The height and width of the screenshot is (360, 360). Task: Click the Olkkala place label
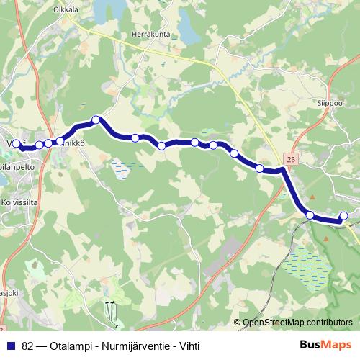pos(66,11)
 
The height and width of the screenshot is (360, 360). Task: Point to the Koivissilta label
pos(19,204)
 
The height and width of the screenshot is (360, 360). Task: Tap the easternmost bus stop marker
pos(343,216)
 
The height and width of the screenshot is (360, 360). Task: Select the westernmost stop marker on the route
pos(17,144)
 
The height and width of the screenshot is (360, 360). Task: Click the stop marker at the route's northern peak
pos(96,120)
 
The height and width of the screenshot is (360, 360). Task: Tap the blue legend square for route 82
pos(11,345)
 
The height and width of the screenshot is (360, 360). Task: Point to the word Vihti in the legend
pos(186,345)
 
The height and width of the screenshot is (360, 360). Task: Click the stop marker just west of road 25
pos(259,168)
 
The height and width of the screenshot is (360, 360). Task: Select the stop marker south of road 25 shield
pos(310,215)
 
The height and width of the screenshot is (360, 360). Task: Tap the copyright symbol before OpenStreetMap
pos(238,323)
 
